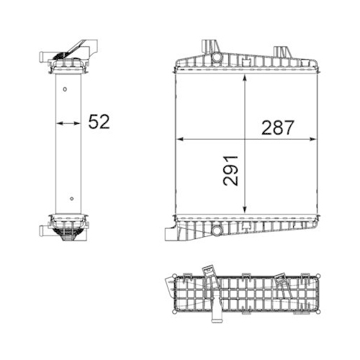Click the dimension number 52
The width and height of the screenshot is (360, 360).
pos(98,122)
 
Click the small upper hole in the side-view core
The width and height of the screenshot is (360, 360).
pos(64,90)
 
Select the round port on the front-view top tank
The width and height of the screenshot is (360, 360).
pos(216,56)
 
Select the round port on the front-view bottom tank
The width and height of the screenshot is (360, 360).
pos(215,231)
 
